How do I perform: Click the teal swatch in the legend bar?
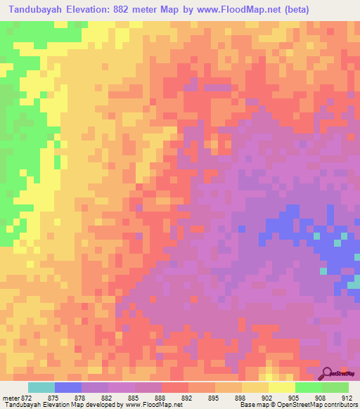point(41,387)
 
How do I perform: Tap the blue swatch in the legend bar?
point(68,387)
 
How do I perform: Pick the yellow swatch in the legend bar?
point(281,387)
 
